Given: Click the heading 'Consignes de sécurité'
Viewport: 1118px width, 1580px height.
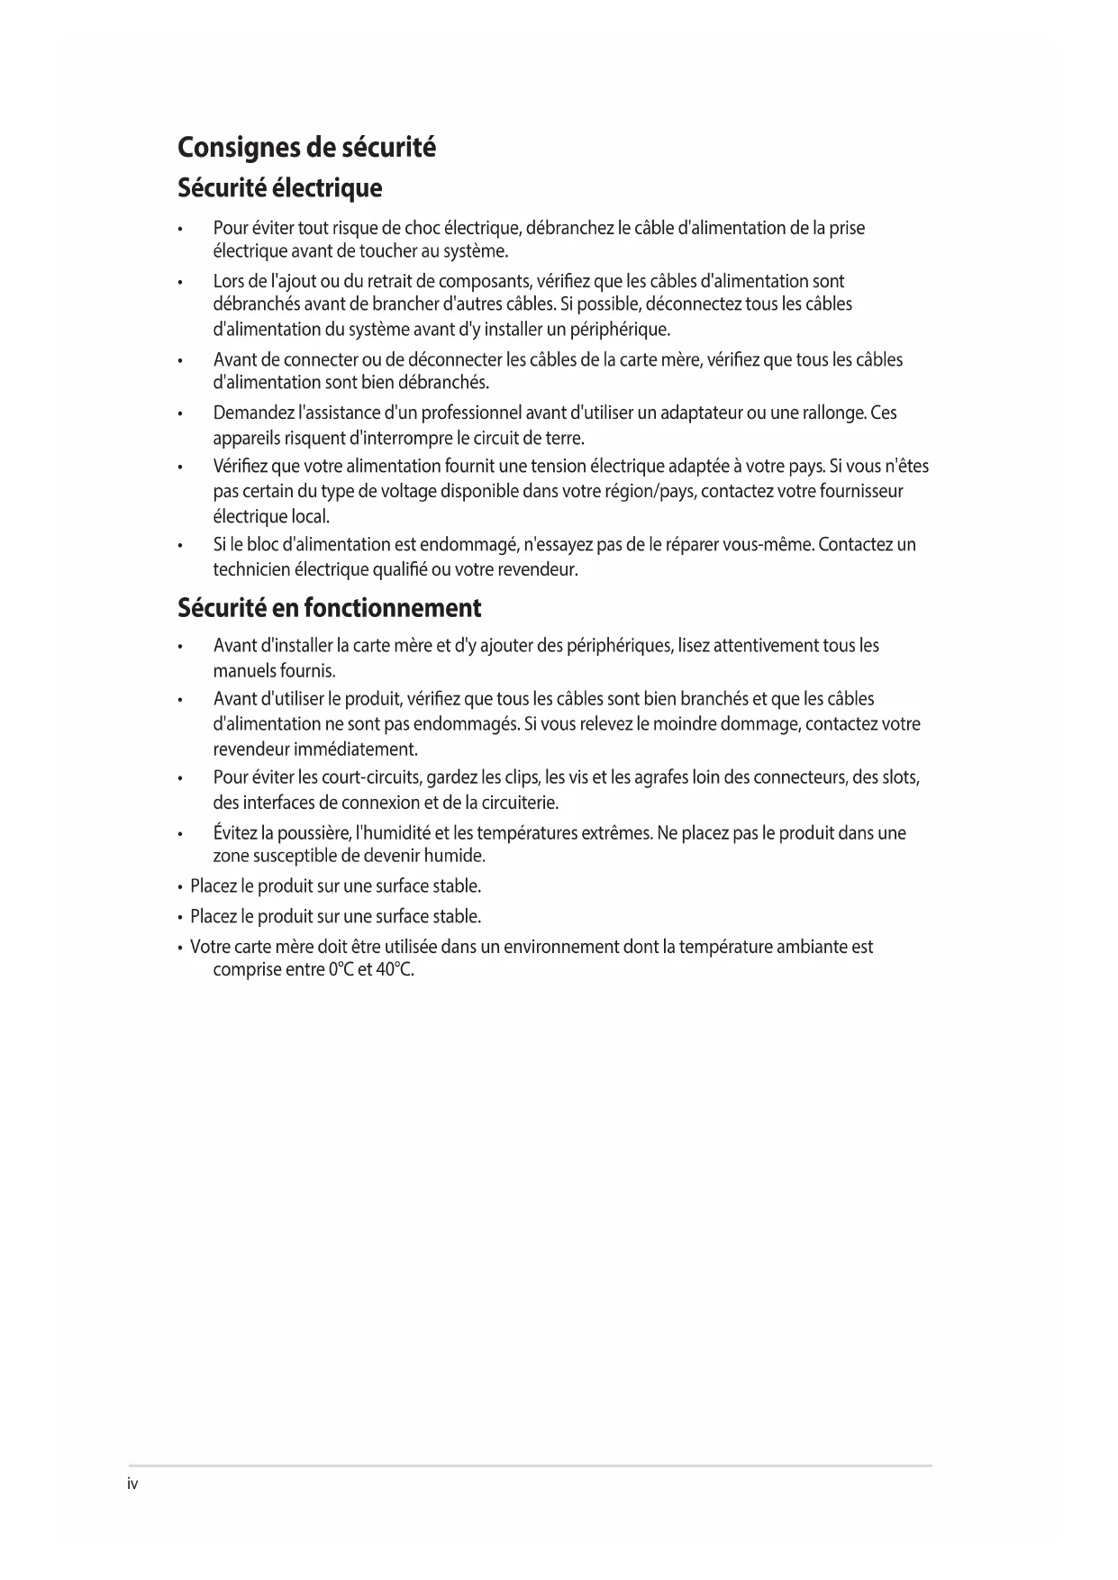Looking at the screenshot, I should (306, 147).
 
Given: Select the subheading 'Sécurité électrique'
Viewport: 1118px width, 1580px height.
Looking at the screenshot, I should (279, 188).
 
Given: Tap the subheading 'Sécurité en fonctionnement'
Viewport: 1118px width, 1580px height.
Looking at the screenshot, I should (329, 608).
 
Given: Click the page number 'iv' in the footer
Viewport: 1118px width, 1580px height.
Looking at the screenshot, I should (132, 1484).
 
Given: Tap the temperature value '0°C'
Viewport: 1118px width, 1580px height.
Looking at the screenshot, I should (341, 971).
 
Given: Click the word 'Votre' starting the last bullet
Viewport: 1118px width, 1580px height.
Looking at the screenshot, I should (210, 947).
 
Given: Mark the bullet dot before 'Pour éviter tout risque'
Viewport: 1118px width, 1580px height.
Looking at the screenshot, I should (181, 229).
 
